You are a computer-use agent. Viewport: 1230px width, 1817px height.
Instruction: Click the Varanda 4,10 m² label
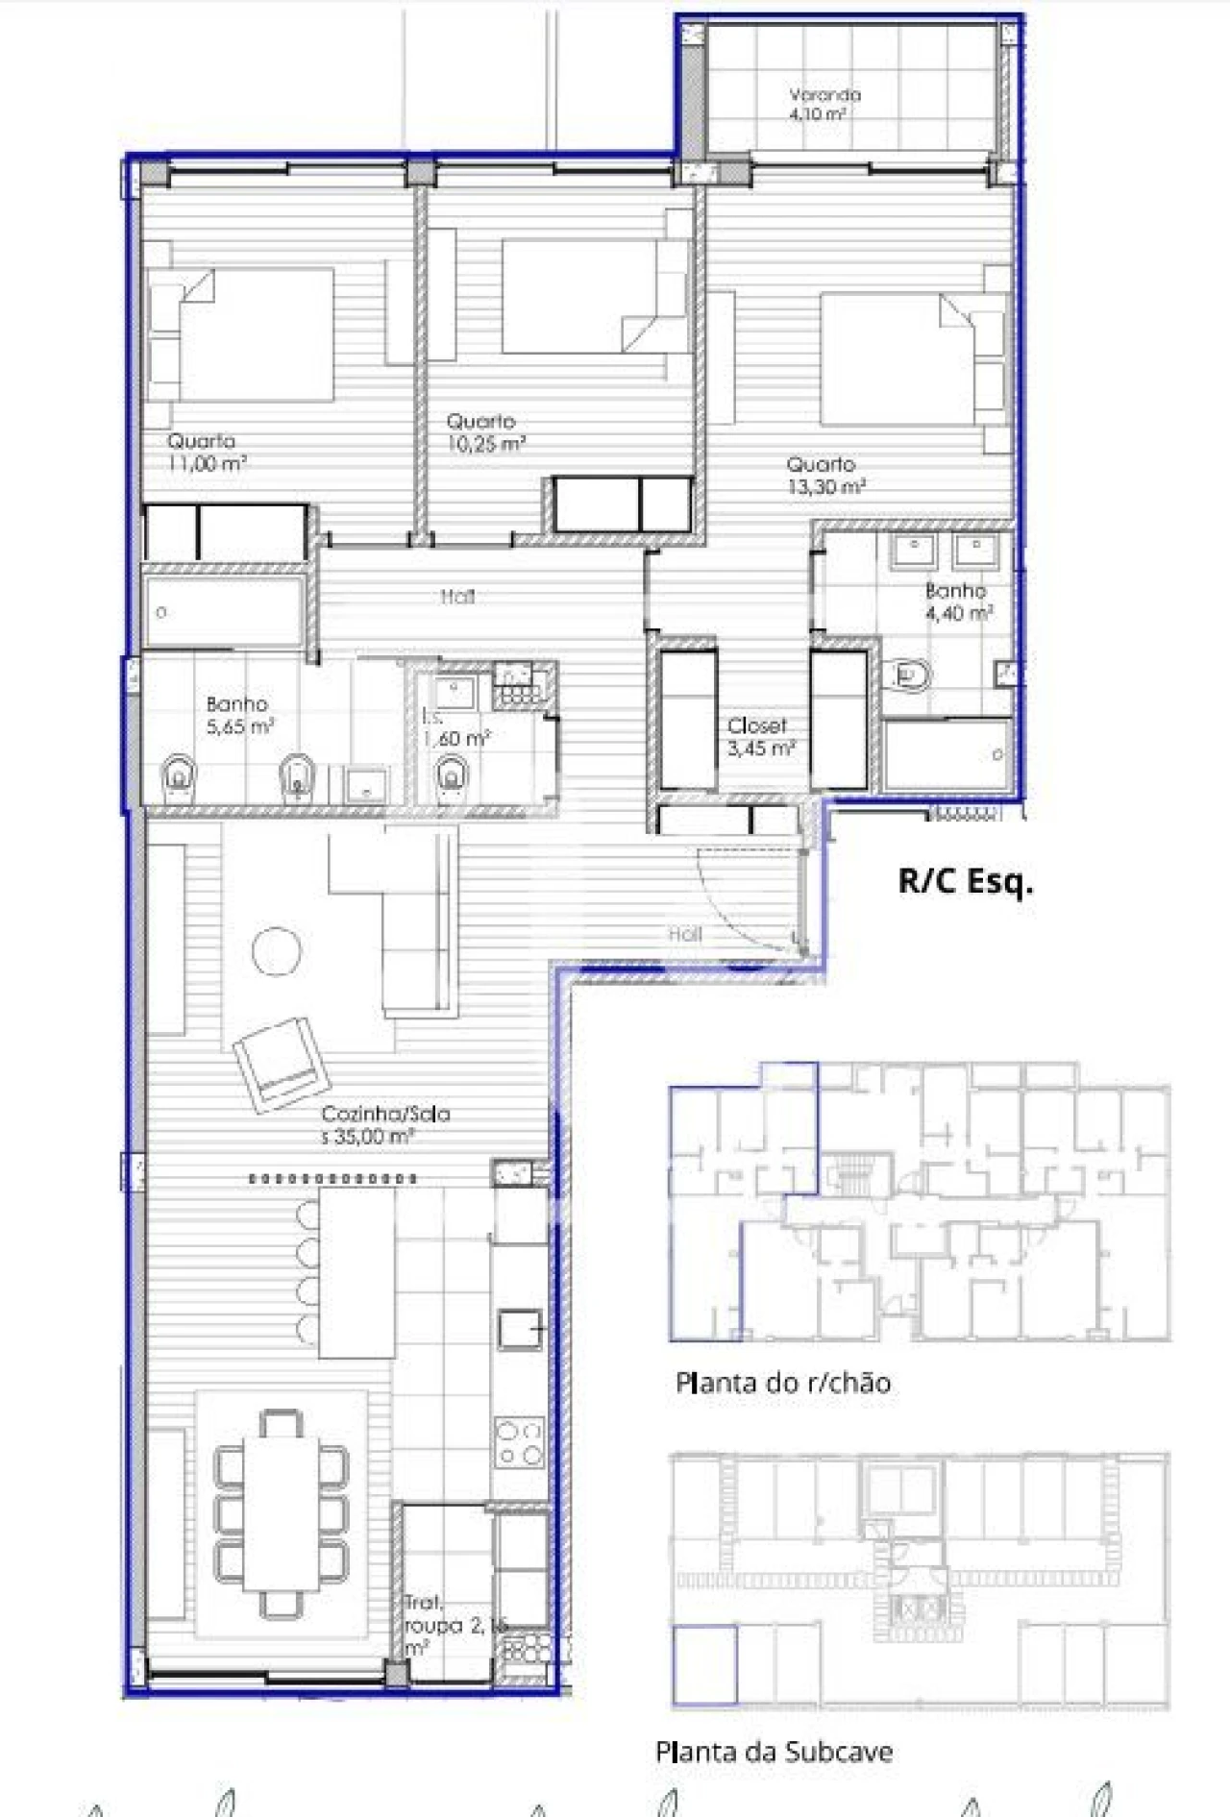click(824, 104)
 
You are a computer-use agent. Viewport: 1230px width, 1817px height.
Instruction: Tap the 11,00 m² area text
click(207, 463)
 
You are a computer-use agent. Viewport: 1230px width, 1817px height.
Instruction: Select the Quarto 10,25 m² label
click(485, 432)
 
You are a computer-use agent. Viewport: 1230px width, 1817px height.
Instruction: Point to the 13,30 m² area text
click(826, 487)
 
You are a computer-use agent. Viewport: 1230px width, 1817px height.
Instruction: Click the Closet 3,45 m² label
click(759, 737)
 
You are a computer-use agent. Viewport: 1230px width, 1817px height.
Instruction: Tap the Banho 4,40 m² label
click(957, 602)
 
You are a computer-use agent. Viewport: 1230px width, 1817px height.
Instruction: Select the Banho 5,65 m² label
click(238, 716)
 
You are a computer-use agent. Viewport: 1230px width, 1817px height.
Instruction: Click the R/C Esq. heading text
click(965, 881)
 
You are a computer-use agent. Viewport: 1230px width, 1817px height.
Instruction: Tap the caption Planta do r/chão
click(783, 1383)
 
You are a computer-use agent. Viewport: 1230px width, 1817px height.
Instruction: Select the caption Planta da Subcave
click(774, 1752)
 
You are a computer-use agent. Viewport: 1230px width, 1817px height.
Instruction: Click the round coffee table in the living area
click(276, 950)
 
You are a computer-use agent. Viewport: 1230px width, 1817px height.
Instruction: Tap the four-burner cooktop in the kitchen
click(519, 1442)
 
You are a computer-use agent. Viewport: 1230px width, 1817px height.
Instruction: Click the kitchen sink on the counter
click(521, 1329)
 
